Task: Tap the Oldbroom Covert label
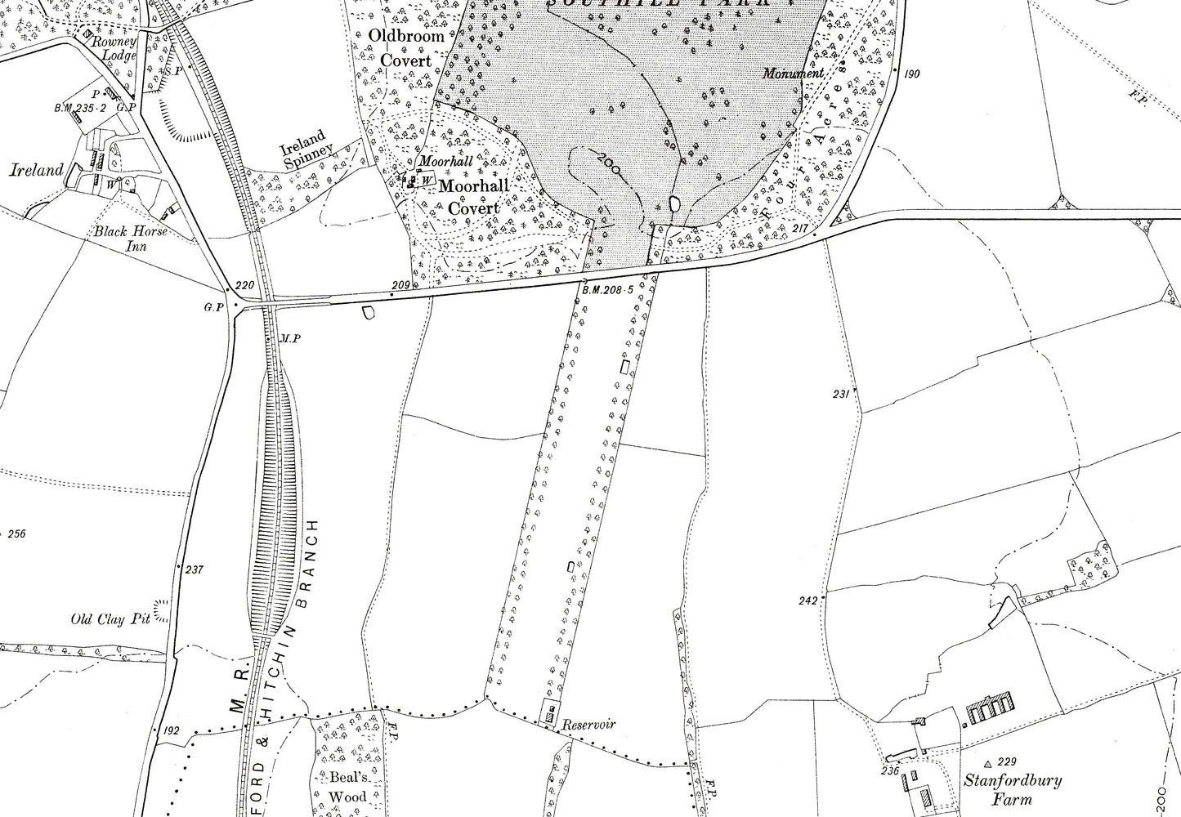point(407,47)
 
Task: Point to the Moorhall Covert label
point(473,197)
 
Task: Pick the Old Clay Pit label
point(110,619)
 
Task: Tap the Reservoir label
point(588,724)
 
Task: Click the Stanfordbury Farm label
point(1012,789)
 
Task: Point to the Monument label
point(793,74)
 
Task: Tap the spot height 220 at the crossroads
point(244,286)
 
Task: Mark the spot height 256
point(16,534)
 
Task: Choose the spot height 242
point(807,600)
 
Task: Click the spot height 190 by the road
point(912,74)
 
